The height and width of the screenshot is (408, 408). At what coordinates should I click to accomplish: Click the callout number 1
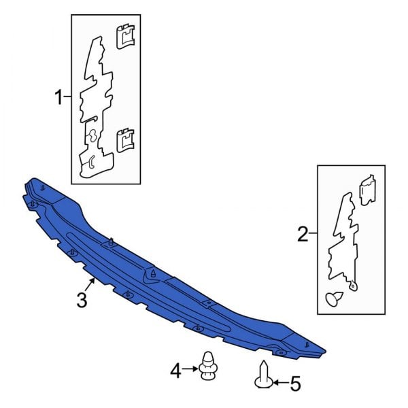[x=58, y=97]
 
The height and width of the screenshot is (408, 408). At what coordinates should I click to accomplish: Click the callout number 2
[x=303, y=234]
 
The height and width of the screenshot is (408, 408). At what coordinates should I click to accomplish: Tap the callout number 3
[x=82, y=300]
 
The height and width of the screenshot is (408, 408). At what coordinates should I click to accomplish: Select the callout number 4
[x=175, y=371]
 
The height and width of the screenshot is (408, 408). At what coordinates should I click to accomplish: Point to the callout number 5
[x=295, y=384]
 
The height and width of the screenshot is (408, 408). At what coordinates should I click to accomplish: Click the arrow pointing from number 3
[x=90, y=285]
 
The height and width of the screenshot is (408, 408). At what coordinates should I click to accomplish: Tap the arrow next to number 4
[x=190, y=369]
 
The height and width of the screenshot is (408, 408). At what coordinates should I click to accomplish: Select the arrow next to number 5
[x=281, y=382]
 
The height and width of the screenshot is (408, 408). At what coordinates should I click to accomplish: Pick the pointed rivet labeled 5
[x=264, y=375]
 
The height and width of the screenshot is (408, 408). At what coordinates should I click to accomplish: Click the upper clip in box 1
[x=125, y=37]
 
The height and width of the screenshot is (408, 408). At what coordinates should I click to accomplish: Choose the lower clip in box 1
[x=125, y=140]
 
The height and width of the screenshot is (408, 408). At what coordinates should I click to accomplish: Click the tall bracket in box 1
[x=96, y=108]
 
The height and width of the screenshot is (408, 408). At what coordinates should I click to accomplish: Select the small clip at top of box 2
[x=367, y=190]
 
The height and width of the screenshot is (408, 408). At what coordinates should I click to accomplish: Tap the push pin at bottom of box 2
[x=334, y=299]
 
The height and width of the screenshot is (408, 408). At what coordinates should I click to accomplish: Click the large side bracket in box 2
[x=343, y=242]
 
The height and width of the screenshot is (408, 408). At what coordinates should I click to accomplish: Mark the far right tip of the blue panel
[x=326, y=351]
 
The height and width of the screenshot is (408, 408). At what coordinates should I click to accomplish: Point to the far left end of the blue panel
[x=23, y=196]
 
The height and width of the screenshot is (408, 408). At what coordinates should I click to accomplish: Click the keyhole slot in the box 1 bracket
[x=92, y=136]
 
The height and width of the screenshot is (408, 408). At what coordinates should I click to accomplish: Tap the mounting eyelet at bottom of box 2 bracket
[x=353, y=286]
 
